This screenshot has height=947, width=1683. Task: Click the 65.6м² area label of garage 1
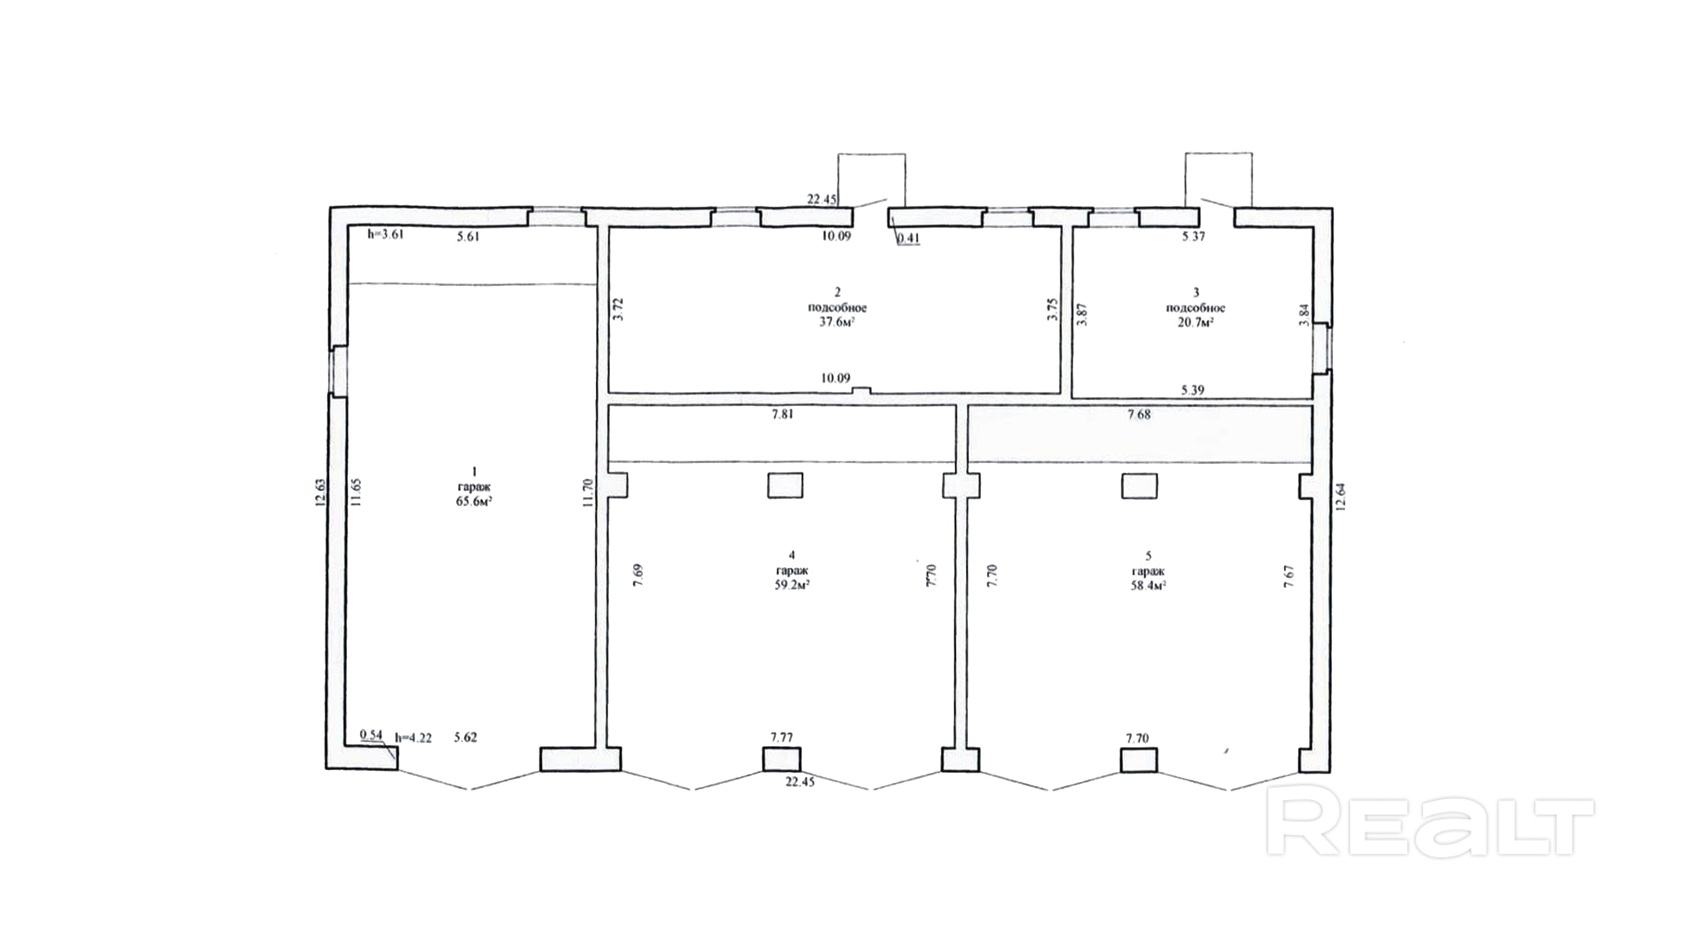tap(474, 501)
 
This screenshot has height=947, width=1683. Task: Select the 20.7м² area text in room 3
tap(1195, 322)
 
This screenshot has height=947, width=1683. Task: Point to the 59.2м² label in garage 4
tap(792, 585)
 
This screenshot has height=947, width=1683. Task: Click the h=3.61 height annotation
tap(385, 234)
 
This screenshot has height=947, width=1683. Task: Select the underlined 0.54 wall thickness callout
tap(371, 734)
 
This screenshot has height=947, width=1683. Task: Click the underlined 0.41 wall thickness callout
tap(908, 238)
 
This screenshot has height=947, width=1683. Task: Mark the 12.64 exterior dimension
tap(1341, 495)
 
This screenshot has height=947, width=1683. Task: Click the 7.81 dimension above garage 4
tap(782, 414)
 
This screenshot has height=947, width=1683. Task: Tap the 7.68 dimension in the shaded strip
tap(1139, 414)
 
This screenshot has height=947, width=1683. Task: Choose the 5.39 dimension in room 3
tap(1193, 390)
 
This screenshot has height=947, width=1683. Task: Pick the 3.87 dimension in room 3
tap(1082, 314)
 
